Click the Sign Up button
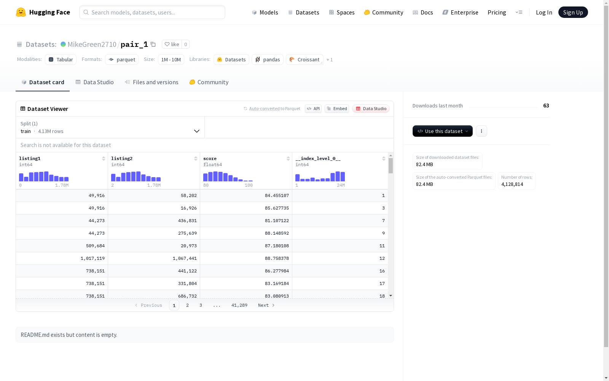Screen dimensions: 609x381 tap(573, 12)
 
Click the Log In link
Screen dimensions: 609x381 tap(544, 12)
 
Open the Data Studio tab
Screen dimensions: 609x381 tap(94, 82)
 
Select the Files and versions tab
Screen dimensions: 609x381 tap(151, 82)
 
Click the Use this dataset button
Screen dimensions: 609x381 tap(442, 131)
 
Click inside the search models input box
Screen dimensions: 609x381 tap(152, 12)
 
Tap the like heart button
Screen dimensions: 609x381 tap(172, 44)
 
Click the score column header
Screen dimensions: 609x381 tap(210, 158)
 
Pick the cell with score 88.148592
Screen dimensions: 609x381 tap(277, 233)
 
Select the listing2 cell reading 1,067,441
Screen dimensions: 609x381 tap(185, 258)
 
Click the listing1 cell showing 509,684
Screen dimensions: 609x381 tap(95, 246)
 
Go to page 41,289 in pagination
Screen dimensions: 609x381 tap(239, 305)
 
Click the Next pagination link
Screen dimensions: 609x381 tap(266, 305)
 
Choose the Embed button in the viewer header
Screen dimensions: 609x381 tap(336, 109)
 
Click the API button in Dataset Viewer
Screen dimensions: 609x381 tap(313, 109)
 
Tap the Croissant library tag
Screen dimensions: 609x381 tap(304, 59)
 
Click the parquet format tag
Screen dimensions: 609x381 tap(122, 59)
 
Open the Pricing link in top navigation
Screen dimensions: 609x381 tap(497, 13)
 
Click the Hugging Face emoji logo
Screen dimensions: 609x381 tap(21, 12)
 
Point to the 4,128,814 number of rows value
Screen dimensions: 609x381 tap(512, 184)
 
